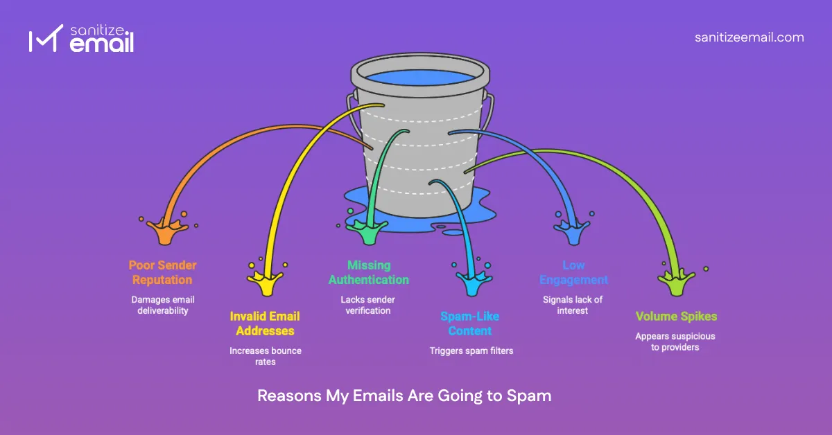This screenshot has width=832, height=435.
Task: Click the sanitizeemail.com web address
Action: [x=749, y=37]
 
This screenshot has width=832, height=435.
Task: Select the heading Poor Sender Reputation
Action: [x=163, y=272]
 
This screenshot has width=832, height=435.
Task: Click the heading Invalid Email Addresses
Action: [x=266, y=323]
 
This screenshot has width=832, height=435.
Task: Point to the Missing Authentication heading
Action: [x=369, y=272]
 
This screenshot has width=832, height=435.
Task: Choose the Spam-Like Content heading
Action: [x=469, y=323]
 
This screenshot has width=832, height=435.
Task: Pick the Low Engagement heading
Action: [x=575, y=272]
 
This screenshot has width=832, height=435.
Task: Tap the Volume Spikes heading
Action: [x=676, y=317]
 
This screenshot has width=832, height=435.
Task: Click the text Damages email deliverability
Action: [x=163, y=305]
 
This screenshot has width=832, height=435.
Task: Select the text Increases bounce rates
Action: [x=266, y=356]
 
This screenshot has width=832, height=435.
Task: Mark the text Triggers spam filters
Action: [x=471, y=350]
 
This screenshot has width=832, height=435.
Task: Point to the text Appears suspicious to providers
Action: [x=675, y=341]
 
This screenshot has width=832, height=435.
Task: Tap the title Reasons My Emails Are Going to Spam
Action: [x=404, y=396]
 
